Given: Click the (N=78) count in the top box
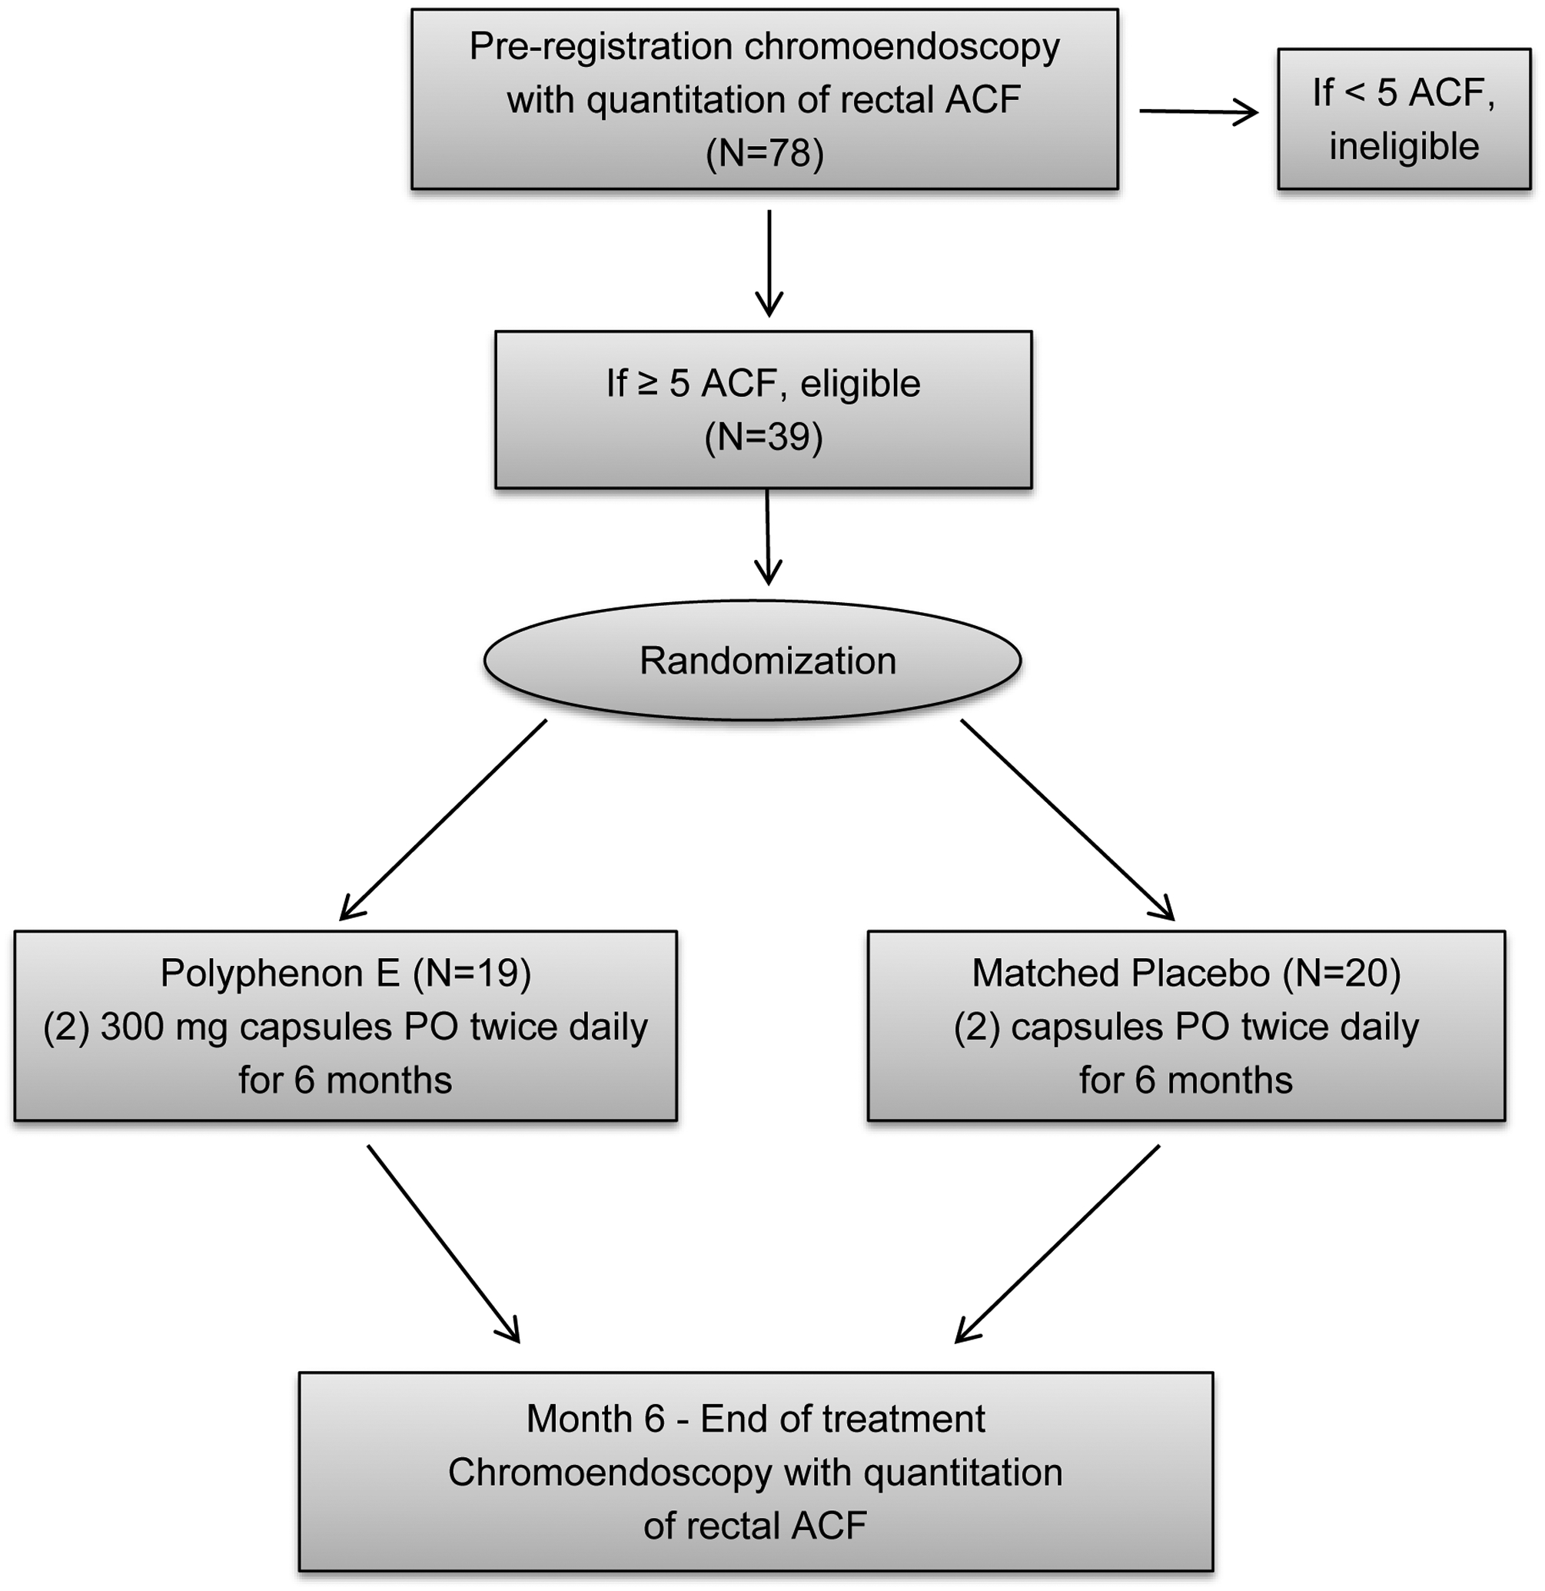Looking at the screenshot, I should (764, 152).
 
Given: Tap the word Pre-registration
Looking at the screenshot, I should (600, 47).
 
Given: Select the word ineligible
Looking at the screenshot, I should (1404, 146).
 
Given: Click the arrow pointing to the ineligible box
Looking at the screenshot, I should (1198, 112).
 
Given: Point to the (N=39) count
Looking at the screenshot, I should (763, 437).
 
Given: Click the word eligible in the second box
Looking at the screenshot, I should (860, 383).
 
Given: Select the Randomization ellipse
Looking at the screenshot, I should (753, 660).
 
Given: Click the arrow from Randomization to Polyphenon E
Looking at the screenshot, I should (442, 820).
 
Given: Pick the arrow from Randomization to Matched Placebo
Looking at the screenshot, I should (1068, 820).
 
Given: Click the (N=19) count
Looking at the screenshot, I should (471, 973).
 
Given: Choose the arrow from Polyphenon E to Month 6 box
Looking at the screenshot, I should (443, 1243).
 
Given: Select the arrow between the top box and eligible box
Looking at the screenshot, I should (769, 263).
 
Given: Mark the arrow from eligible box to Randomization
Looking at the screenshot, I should (768, 537).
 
